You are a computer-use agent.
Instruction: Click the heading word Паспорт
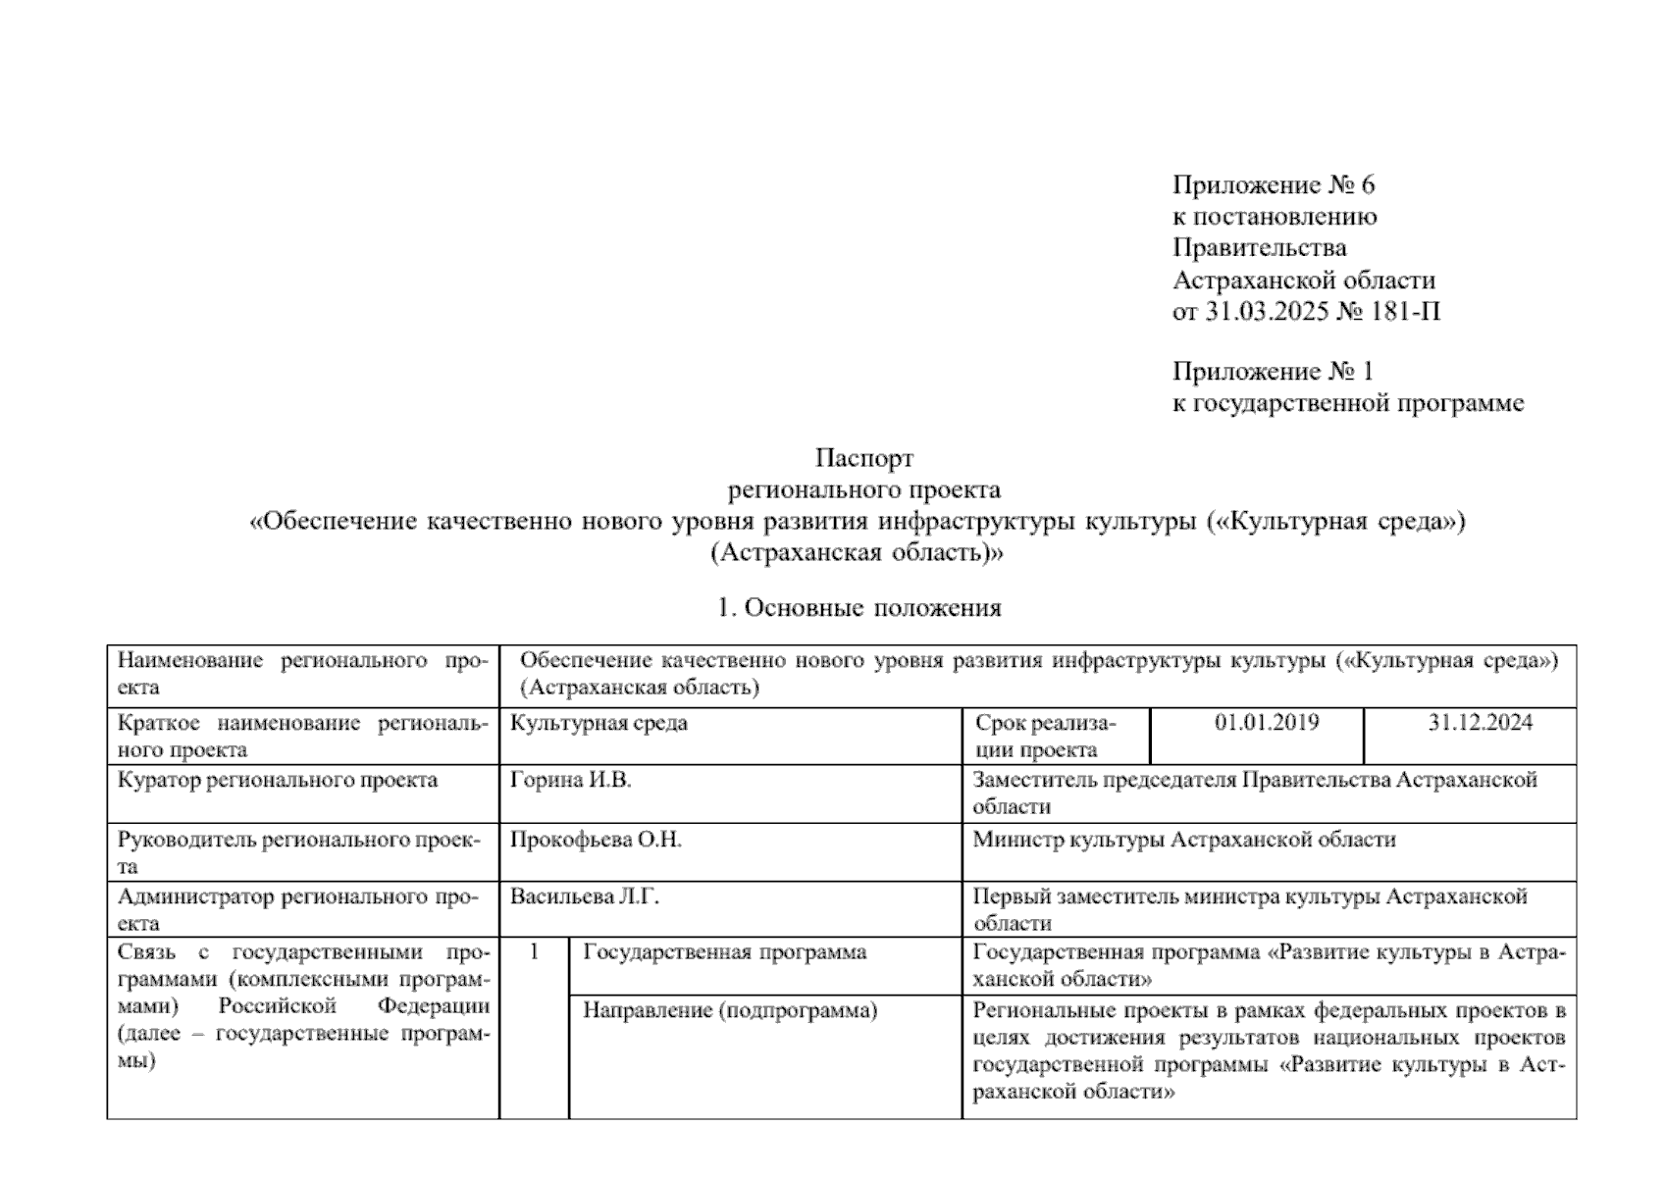(x=864, y=458)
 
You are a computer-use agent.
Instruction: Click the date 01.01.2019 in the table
(x=1266, y=724)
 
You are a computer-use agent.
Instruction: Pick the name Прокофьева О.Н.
(x=596, y=840)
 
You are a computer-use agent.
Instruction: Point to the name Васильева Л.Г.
(x=585, y=896)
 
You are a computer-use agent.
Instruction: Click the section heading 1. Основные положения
(x=859, y=608)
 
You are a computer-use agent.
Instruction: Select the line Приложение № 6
(x=1274, y=184)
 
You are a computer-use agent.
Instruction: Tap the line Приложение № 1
(x=1273, y=372)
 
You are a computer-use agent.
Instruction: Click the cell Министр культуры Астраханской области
(x=1183, y=840)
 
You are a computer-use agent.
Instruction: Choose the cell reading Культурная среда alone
(x=599, y=724)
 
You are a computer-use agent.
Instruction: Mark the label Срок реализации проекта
(x=1045, y=737)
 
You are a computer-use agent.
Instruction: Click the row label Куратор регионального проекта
(x=278, y=781)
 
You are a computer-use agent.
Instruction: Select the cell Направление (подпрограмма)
(x=729, y=1010)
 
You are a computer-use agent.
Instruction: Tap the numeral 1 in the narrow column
(x=534, y=951)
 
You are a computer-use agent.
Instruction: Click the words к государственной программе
(x=1348, y=403)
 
